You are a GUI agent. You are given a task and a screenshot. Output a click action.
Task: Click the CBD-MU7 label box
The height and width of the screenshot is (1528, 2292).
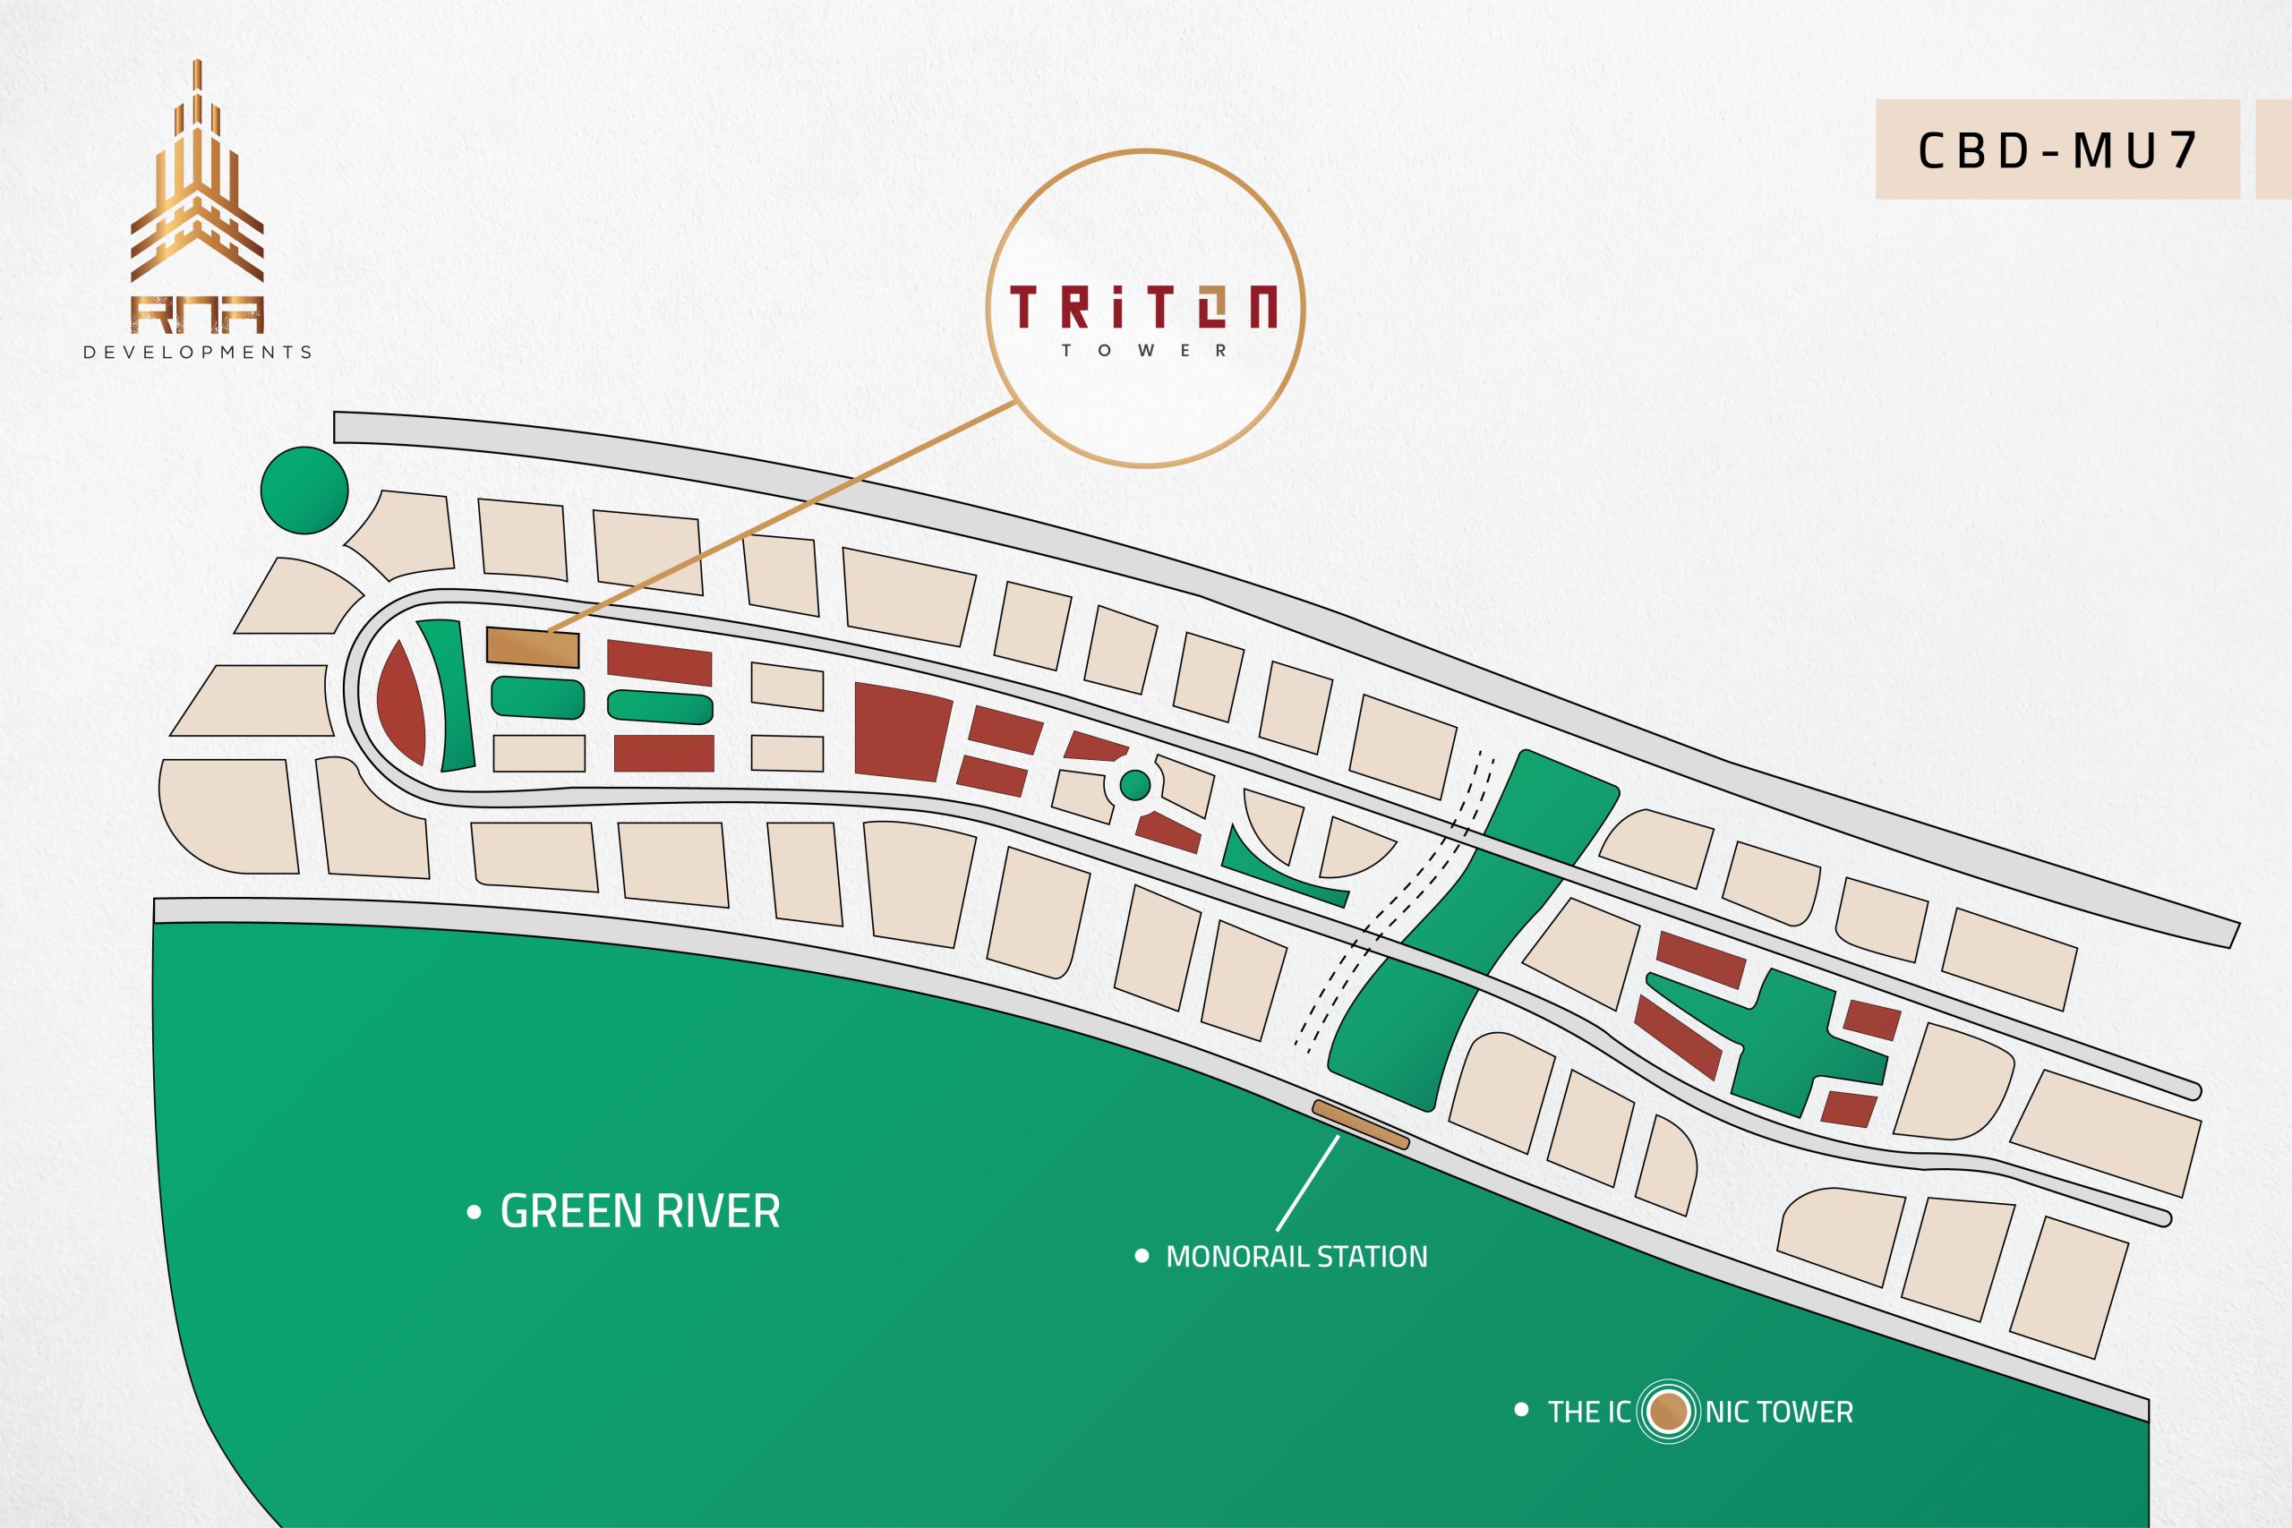(2057, 150)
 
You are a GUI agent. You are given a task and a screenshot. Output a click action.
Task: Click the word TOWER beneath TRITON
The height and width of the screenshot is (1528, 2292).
(1144, 351)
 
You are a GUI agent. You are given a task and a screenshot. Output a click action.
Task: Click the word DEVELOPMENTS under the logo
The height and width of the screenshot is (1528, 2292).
(198, 353)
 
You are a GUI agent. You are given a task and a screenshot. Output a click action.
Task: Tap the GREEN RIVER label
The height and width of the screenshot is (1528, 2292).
(639, 1212)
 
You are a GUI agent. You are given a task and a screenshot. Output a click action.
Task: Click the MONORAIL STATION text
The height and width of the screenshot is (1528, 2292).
(1296, 1257)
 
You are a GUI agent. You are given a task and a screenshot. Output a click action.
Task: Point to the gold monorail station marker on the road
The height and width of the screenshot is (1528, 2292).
(1360, 1124)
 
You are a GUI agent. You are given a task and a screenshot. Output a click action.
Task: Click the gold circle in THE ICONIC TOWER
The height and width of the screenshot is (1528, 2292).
(1668, 1412)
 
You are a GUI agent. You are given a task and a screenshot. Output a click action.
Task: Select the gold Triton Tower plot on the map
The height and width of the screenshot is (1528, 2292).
(533, 648)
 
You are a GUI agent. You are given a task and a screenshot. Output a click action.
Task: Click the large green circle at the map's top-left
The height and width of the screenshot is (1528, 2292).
(305, 491)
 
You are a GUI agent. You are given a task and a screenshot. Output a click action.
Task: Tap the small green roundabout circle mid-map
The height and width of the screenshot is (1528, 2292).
(1135, 784)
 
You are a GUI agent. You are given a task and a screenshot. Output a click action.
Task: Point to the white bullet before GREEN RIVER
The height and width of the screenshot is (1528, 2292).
(475, 1213)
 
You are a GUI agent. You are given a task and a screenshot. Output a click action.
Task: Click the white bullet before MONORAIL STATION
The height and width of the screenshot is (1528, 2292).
(1142, 1256)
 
